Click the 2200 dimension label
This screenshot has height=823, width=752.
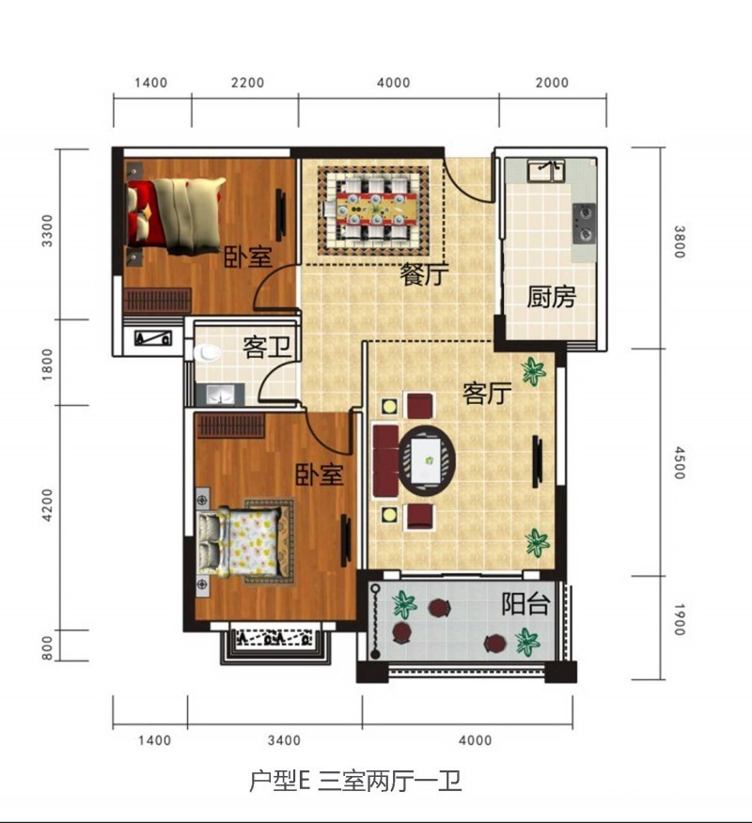tap(247, 83)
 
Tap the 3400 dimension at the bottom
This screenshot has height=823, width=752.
tap(283, 740)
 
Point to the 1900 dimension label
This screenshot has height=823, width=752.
tap(679, 620)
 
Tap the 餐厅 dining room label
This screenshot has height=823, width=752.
tap(424, 275)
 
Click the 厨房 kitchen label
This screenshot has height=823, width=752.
tap(550, 299)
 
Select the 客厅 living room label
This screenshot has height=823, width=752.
tap(486, 393)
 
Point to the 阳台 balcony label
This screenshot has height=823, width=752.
tap(525, 603)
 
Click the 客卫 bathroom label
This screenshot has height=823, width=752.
tap(266, 348)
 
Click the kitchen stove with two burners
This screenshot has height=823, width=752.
tap(585, 223)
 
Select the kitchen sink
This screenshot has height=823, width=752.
tap(545, 171)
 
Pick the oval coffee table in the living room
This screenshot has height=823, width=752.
tap(428, 460)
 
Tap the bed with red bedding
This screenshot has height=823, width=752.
tap(175, 214)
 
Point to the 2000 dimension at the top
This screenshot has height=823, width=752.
tap(553, 83)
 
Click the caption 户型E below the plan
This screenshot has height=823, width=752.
tap(279, 782)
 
